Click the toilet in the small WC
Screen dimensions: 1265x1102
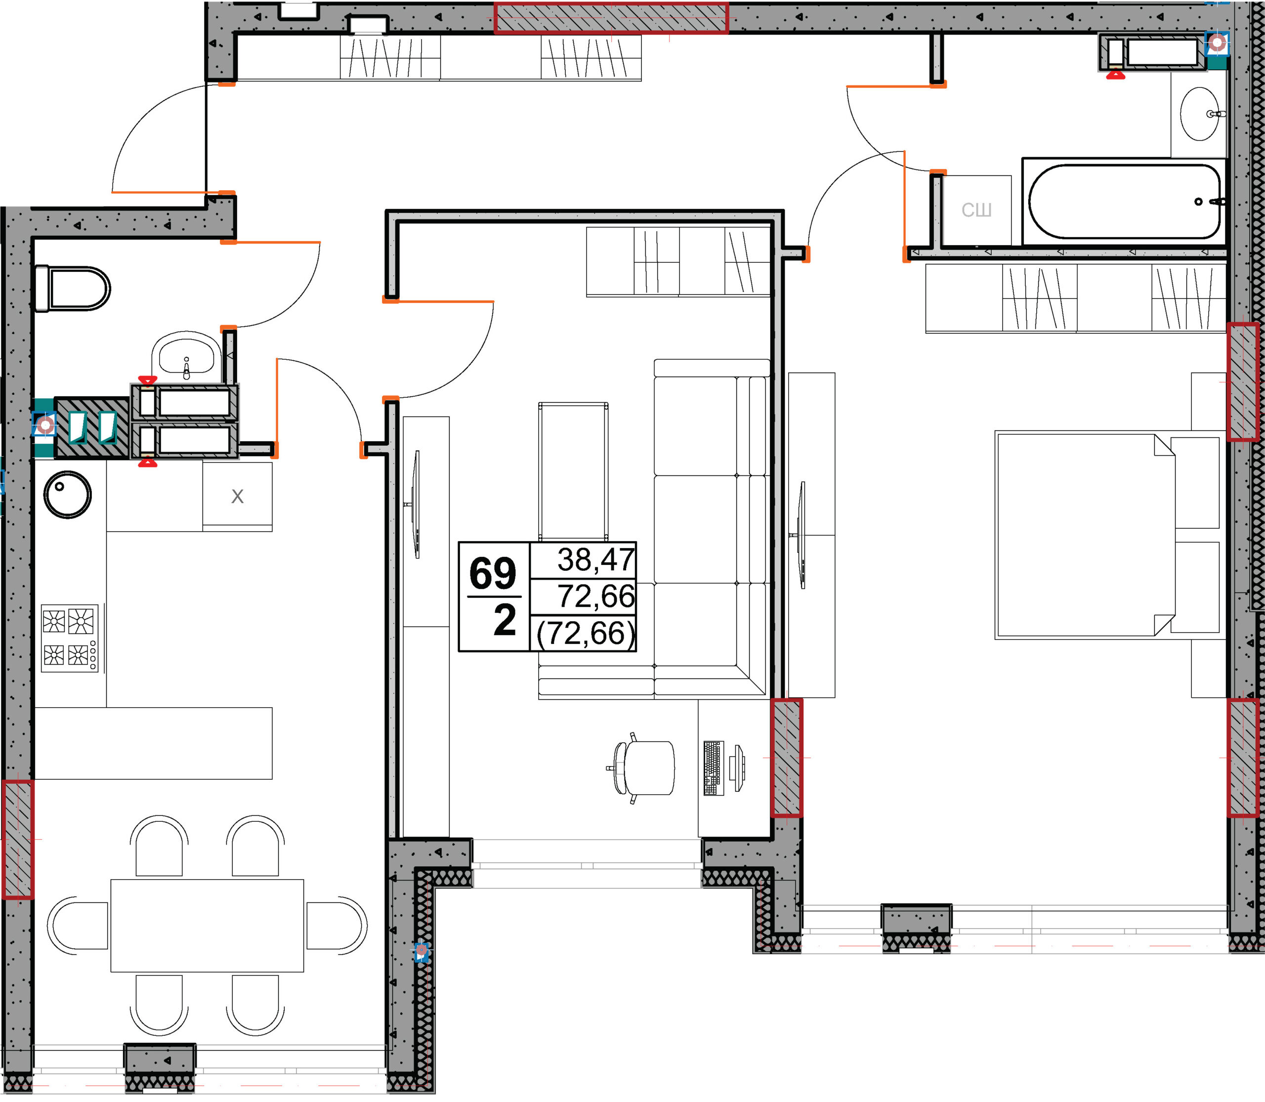click(x=73, y=289)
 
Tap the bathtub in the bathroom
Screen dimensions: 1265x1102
click(x=1125, y=201)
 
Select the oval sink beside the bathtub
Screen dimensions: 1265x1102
click(x=1199, y=114)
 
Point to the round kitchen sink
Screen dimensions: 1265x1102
click(x=68, y=495)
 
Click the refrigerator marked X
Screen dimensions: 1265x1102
click(x=237, y=496)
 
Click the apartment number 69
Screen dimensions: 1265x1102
click(x=493, y=573)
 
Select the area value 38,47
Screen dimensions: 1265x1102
click(x=595, y=559)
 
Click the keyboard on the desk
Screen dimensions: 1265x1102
click(x=713, y=768)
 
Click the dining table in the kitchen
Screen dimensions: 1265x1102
click(x=207, y=926)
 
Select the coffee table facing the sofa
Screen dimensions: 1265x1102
click(x=573, y=471)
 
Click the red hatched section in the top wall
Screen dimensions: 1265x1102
click(x=611, y=17)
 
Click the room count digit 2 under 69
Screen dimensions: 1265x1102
click(x=505, y=621)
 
